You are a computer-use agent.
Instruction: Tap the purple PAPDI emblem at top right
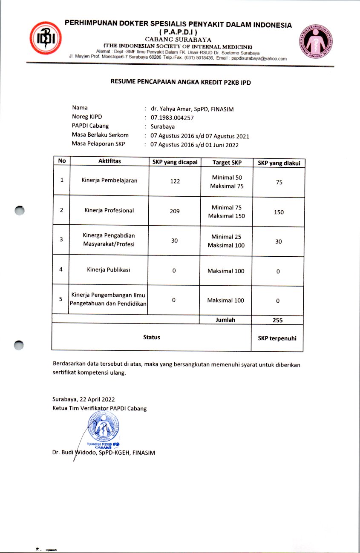click(x=315, y=42)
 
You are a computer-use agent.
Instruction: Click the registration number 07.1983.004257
click(x=169, y=117)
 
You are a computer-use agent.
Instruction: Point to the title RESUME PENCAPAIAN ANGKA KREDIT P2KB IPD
click(x=181, y=83)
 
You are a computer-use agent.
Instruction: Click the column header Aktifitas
click(x=109, y=161)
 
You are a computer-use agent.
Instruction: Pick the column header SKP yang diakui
click(x=279, y=163)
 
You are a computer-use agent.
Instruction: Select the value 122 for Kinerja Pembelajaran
click(x=175, y=181)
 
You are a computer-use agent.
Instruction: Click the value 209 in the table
click(x=175, y=211)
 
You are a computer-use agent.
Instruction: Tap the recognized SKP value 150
click(x=279, y=212)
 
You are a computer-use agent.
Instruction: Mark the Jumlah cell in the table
click(x=225, y=320)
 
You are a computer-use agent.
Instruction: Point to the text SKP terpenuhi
click(x=277, y=338)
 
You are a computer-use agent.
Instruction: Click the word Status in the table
click(x=152, y=337)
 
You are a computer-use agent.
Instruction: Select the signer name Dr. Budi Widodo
click(x=75, y=453)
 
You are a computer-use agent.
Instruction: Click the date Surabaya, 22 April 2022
click(x=84, y=399)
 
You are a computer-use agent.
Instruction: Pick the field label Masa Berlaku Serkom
click(x=100, y=135)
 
